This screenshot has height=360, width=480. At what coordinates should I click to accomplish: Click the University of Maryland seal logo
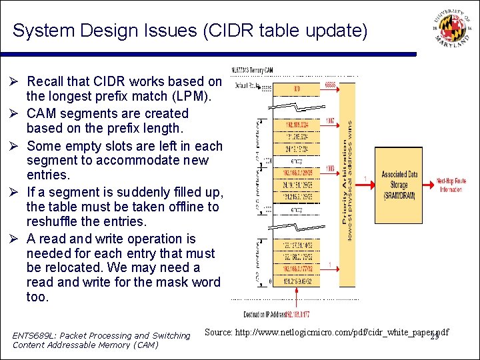coord(447,31)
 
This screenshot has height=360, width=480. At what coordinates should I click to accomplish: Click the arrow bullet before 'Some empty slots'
coord(17,145)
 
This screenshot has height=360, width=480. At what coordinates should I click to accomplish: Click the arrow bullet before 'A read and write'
coord(17,239)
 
